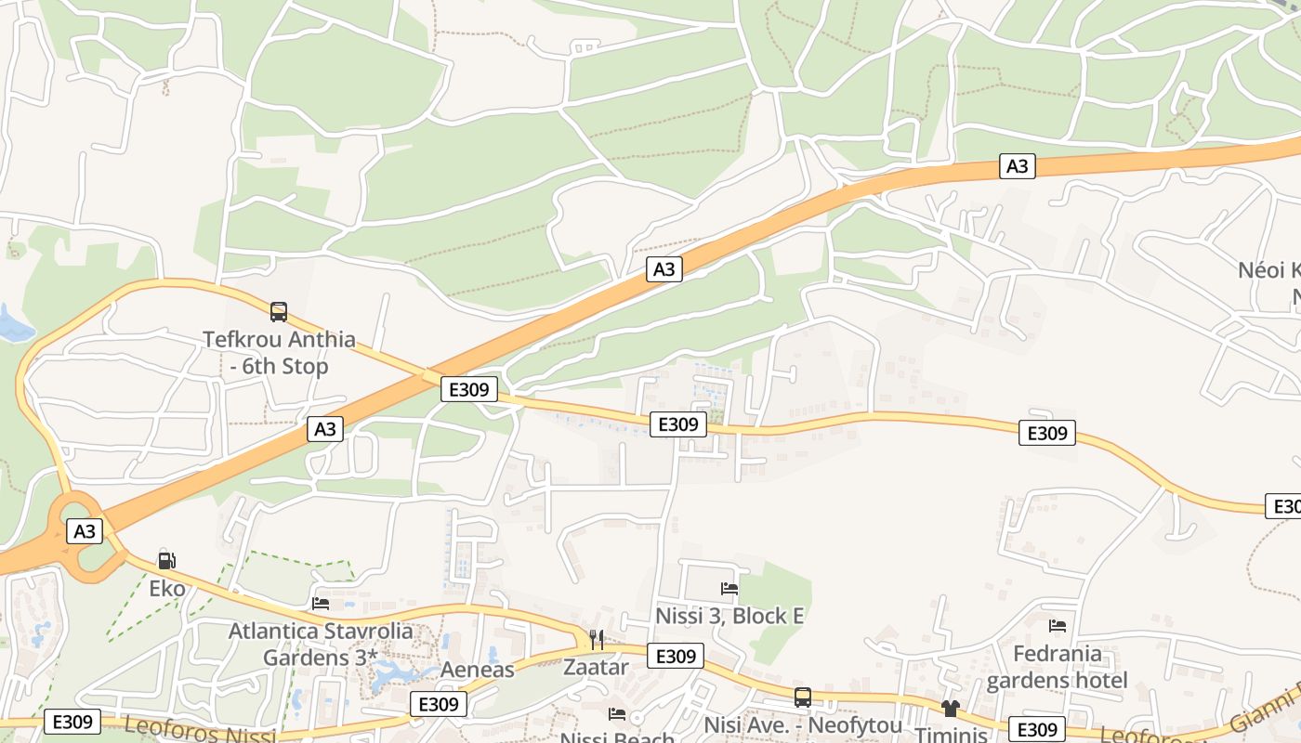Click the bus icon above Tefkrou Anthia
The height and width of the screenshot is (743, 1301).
[278, 312]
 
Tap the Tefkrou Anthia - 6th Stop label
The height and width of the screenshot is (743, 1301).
[279, 353]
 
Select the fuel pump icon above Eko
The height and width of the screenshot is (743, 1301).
[166, 560]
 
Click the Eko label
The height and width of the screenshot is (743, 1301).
[167, 589]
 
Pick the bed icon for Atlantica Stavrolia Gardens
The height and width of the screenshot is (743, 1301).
[321, 604]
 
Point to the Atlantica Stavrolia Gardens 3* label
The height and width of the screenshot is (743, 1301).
[321, 644]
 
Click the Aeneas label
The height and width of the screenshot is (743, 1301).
[477, 670]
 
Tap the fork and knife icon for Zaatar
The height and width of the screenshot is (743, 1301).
[597, 640]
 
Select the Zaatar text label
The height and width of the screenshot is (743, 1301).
[596, 667]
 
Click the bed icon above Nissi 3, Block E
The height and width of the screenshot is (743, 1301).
[729, 589]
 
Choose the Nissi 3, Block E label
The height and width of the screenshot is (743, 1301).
[729, 616]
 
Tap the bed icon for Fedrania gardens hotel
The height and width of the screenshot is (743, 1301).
[1057, 626]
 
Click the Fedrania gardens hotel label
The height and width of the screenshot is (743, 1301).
[1057, 667]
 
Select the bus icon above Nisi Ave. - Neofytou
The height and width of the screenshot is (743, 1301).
[802, 697]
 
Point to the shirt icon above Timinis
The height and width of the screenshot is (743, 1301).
[950, 709]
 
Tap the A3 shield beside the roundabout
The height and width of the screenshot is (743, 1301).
[85, 531]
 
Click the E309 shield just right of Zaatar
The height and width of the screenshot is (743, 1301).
[676, 656]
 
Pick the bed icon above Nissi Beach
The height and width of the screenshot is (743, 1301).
[616, 713]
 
